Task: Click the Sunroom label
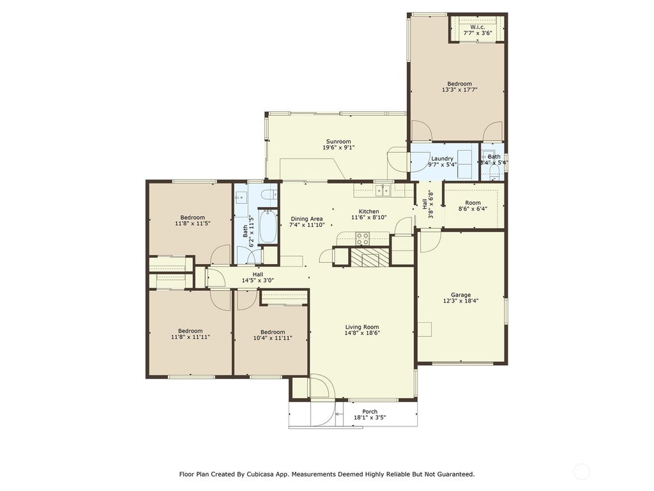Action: pos(338,141)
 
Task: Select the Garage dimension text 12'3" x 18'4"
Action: pos(460,300)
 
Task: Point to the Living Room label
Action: pos(362,327)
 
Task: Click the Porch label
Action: pos(370,412)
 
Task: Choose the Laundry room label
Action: pos(442,159)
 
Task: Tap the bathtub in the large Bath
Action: pos(268,227)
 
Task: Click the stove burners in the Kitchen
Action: pos(362,239)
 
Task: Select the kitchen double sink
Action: pos(383,191)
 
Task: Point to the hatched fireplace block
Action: pos(370,257)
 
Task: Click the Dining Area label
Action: pos(307,219)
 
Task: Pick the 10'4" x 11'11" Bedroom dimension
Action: pos(272,338)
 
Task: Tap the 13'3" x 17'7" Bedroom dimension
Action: pos(460,90)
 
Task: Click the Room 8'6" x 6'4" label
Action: pos(473,206)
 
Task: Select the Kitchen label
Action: pos(369,212)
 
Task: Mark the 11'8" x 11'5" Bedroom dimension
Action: pos(192,223)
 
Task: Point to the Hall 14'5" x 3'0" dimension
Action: pos(258,281)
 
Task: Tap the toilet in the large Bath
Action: pos(270,194)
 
